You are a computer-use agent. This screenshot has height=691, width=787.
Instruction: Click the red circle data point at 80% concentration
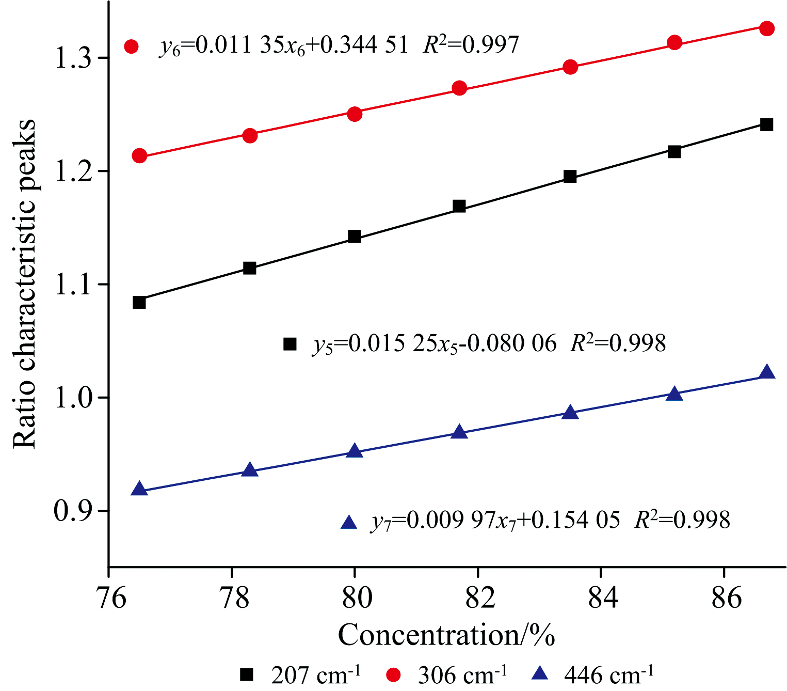355,114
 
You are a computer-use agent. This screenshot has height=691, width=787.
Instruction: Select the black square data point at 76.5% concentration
139,302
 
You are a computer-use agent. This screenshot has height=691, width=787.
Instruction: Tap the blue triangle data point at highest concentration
767,372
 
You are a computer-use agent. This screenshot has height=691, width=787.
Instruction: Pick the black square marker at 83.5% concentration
570,177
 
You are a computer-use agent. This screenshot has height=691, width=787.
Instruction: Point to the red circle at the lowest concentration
139,155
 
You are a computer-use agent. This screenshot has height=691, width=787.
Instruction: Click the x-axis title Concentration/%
446,635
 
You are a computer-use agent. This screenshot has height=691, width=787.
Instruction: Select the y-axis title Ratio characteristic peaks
25,284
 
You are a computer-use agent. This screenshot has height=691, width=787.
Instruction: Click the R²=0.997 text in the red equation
471,45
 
